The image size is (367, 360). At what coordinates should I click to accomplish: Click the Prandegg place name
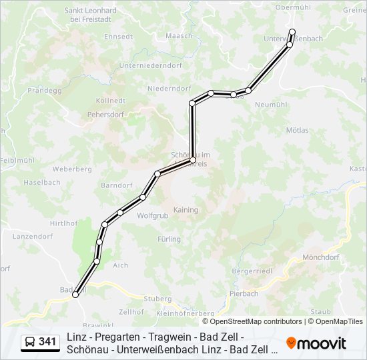(x=45, y=89)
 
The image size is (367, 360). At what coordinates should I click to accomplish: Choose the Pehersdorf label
(x=105, y=114)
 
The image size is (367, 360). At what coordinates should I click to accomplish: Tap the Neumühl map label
(x=271, y=105)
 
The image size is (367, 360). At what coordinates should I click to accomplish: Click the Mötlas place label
(x=297, y=130)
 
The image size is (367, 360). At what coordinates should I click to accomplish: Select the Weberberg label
(x=72, y=169)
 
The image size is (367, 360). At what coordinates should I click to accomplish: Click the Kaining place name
(x=186, y=209)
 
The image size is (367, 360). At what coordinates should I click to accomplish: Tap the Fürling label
(x=169, y=239)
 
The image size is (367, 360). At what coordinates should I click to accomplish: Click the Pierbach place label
(x=244, y=293)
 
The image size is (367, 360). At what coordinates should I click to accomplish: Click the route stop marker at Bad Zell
(x=75, y=294)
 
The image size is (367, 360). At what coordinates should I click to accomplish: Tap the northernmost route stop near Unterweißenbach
(x=292, y=31)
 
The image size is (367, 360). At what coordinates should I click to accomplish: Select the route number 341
(x=47, y=342)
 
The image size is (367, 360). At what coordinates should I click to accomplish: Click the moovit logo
(x=316, y=343)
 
